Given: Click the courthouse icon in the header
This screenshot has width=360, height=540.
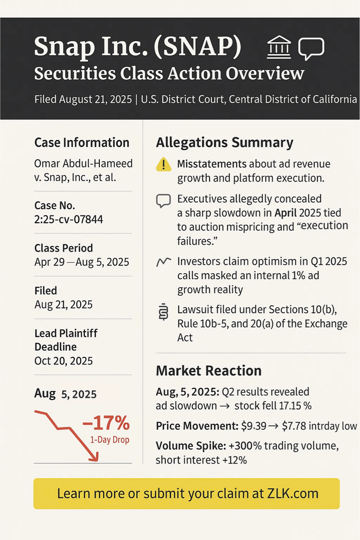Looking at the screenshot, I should coord(279,48).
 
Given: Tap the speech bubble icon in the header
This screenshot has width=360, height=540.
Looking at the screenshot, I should coord(311,49).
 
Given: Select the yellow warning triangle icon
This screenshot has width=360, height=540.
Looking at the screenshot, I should coord(163,164).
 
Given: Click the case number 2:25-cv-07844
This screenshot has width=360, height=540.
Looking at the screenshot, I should coord(68,220).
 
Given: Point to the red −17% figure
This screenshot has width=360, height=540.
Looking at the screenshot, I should coord(105,424).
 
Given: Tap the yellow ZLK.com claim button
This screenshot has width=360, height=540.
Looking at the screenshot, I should coord(187,494).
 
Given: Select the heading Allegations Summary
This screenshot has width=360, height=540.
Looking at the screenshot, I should coord(224,142).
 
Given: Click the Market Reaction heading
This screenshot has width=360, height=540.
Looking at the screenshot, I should coord(208,370).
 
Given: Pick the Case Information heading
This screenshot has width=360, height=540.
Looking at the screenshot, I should coord(82,142).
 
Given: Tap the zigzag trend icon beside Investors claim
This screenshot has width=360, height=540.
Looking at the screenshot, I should coord(163,262).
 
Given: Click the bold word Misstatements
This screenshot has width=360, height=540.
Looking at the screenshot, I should coord(211,164).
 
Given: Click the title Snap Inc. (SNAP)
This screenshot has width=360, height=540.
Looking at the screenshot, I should coord(137,47).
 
